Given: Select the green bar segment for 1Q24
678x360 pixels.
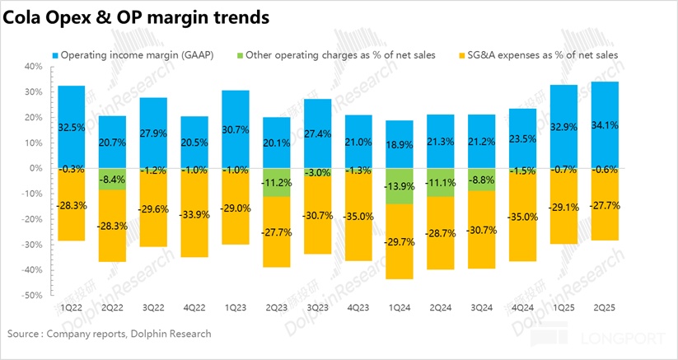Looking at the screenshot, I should coord(400,185).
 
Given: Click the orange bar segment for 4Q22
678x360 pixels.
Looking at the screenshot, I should coord(195,222).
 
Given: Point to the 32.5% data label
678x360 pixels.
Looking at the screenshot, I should coord(72,129).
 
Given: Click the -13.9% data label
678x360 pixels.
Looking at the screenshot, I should coord(400,186).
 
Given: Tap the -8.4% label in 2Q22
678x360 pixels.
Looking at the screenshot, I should coord(114,179).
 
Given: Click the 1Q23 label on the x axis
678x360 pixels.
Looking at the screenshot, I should coord(236,306).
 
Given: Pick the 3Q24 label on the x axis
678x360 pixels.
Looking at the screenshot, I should coord(482,306).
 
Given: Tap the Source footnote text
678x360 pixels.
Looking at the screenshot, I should coord(109,334).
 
